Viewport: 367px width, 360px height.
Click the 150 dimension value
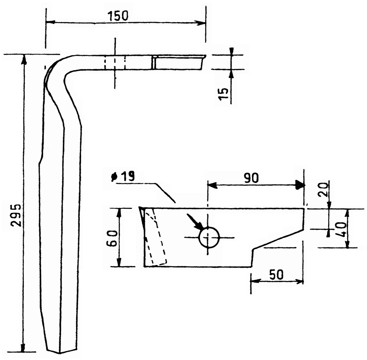tap(118, 16)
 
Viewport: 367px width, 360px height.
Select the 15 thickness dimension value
tap(224, 94)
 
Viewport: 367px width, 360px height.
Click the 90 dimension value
tap(252, 178)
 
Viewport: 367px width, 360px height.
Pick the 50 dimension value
tap(276, 275)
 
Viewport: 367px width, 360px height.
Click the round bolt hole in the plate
tap(209, 237)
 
